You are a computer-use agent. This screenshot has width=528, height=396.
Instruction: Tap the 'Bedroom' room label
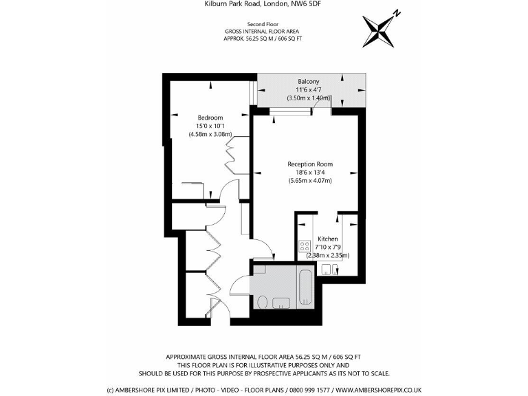click(x=210, y=117)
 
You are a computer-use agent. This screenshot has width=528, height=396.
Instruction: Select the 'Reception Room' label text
click(x=310, y=164)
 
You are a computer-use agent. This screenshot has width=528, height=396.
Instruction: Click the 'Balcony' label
click(x=309, y=81)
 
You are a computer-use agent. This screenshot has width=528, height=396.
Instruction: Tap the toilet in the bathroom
click(x=262, y=302)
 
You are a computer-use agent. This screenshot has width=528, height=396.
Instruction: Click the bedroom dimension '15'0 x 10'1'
click(x=210, y=126)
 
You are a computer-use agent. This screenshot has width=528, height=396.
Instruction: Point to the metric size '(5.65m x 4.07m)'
click(x=310, y=181)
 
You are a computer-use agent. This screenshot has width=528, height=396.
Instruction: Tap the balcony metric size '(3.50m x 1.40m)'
click(x=309, y=98)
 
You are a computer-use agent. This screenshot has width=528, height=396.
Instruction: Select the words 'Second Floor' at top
click(x=263, y=24)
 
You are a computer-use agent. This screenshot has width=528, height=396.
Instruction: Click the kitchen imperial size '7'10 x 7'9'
click(x=328, y=247)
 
